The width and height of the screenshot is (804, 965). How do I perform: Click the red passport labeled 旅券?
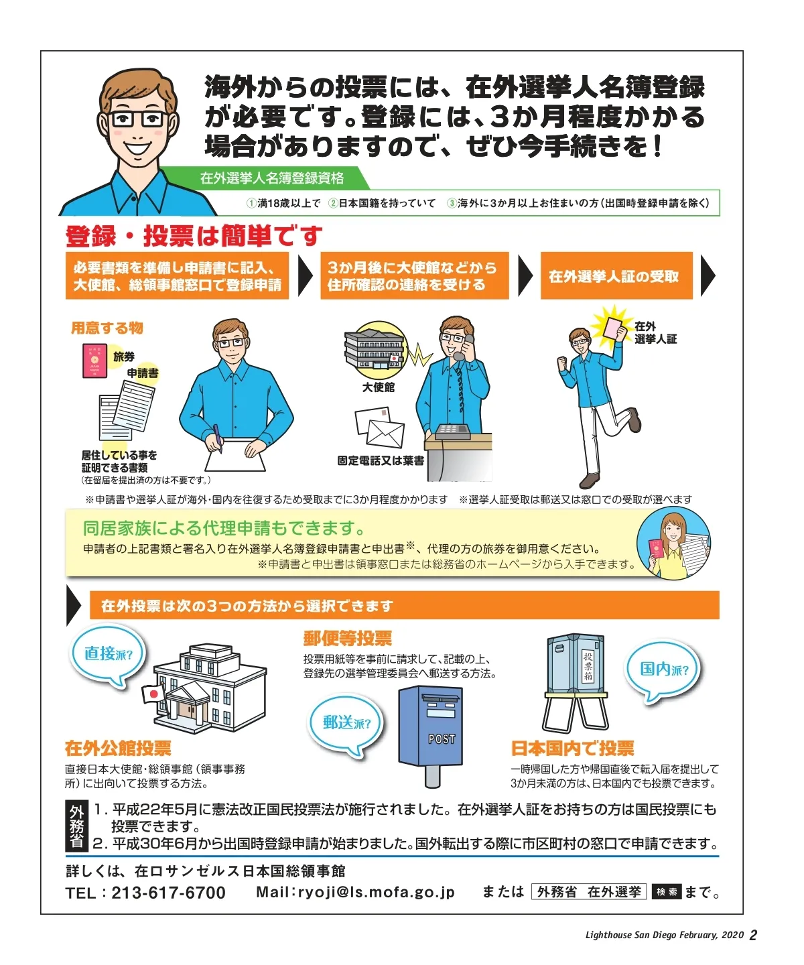click(x=94, y=361)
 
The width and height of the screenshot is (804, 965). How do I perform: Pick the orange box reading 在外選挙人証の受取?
click(x=616, y=276)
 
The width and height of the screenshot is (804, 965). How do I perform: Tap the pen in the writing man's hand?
click(x=216, y=438)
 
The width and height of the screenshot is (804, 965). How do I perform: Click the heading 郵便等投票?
click(x=348, y=639)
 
